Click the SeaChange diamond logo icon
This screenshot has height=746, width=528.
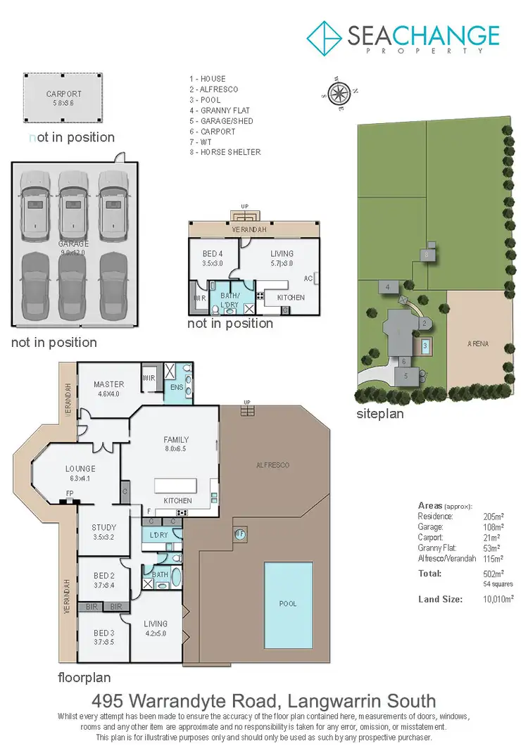click(325, 37)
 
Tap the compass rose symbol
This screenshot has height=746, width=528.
click(340, 91)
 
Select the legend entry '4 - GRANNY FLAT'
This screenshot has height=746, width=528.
click(219, 110)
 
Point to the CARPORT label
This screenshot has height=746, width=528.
click(64, 94)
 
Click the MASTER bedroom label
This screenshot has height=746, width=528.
click(108, 384)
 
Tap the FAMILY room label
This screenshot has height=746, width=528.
click(176, 440)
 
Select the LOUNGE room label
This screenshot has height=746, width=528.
click(80, 469)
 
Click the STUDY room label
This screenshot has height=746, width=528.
click(103, 527)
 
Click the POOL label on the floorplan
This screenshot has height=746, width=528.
click(288, 603)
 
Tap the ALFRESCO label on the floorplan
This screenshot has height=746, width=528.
click(272, 465)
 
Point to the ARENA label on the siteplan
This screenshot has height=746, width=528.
click(477, 344)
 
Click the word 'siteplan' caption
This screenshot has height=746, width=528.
click(380, 414)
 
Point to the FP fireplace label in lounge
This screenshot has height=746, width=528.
click(70, 493)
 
